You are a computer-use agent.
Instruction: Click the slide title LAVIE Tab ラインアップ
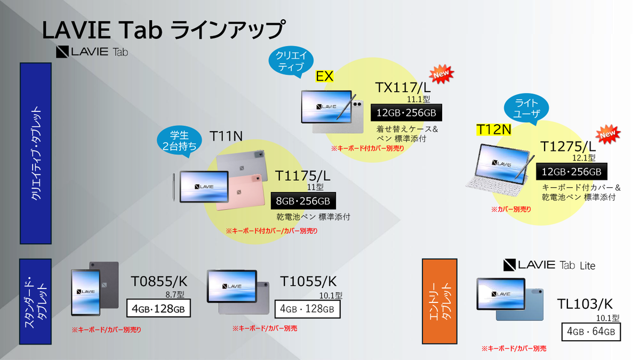pos(163,30)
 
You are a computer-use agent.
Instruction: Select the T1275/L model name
pos(568,146)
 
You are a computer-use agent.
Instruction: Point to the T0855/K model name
pos(159,282)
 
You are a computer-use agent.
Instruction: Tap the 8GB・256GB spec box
pos(303,201)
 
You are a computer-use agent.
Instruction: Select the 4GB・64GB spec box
pos(591,332)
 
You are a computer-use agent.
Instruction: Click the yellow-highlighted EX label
pos(325,76)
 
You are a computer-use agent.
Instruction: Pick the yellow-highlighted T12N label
pos(493,130)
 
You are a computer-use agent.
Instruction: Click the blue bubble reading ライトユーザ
pos(527,109)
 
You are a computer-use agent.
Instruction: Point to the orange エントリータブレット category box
pos(440,301)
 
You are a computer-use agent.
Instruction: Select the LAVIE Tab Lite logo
pos(549,265)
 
